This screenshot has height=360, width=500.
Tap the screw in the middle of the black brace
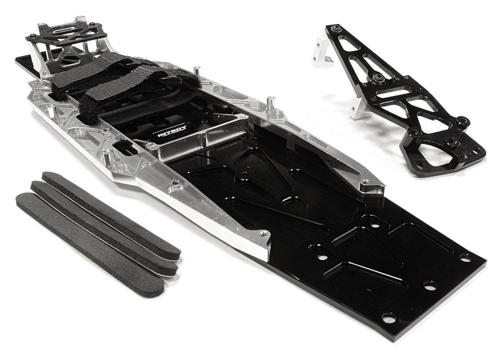(378, 77)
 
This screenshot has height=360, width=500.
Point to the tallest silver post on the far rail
(270, 103)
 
